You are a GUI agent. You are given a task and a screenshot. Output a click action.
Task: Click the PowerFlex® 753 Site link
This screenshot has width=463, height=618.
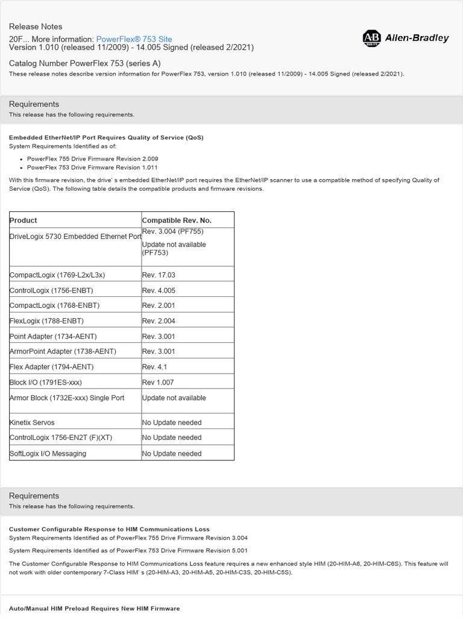134,39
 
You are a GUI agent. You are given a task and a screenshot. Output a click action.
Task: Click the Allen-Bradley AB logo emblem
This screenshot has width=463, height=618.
371,39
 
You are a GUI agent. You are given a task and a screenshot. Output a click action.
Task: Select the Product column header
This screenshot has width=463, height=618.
24,220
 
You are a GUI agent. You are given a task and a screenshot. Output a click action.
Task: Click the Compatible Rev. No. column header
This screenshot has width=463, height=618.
177,220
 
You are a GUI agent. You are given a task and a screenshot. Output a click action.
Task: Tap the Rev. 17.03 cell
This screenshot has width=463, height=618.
159,275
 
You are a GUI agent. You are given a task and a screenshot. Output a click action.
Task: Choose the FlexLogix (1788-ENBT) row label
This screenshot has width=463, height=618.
47,320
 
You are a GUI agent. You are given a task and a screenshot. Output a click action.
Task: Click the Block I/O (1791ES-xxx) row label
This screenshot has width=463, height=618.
46,382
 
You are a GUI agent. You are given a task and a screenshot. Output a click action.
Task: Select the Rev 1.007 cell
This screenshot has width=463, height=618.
159,382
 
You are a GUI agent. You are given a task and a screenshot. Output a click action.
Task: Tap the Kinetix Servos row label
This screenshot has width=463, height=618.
32,422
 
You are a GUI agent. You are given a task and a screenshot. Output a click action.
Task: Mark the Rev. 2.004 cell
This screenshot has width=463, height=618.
159,320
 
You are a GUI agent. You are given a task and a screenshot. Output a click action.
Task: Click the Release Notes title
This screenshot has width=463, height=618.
36,27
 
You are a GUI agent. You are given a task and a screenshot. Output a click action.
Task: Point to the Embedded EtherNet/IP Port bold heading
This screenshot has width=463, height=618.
106,138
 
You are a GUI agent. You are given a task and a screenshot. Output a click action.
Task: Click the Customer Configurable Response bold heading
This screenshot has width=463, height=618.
109,529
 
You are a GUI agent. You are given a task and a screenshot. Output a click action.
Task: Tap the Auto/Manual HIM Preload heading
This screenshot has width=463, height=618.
94,608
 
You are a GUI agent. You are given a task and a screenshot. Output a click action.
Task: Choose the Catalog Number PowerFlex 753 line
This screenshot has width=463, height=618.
84,63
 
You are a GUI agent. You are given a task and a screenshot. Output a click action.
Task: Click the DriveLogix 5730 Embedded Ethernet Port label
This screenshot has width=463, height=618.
75,237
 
